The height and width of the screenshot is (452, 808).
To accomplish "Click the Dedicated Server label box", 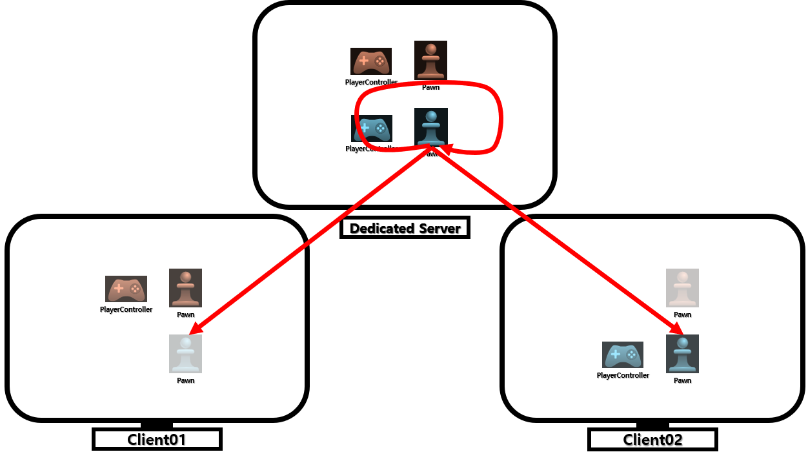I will pyautogui.click(x=405, y=228).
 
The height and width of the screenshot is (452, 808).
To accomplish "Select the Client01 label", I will pyautogui.click(x=157, y=440).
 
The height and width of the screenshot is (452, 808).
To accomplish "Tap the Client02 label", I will pyautogui.click(x=652, y=440).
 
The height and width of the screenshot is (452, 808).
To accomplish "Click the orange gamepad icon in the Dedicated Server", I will pyautogui.click(x=371, y=61).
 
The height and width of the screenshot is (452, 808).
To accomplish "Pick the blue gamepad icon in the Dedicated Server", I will pyautogui.click(x=371, y=128).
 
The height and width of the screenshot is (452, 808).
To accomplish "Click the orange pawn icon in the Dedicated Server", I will pyautogui.click(x=430, y=60).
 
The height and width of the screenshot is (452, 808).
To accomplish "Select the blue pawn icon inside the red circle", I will pyautogui.click(x=430, y=127).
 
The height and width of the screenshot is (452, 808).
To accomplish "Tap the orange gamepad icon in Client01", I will pyautogui.click(x=126, y=289).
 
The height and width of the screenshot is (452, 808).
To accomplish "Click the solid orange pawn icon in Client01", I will pyautogui.click(x=185, y=288).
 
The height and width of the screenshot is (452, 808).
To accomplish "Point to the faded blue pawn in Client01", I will pyautogui.click(x=185, y=354).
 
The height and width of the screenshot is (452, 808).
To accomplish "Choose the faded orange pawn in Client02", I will pyautogui.click(x=682, y=288).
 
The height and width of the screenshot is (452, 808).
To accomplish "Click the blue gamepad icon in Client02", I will pyautogui.click(x=623, y=354).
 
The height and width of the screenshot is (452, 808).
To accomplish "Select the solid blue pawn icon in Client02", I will pyautogui.click(x=682, y=354).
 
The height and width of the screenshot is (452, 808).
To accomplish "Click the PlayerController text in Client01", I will pyautogui.click(x=126, y=310).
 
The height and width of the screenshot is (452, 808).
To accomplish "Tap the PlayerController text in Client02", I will pyautogui.click(x=623, y=376).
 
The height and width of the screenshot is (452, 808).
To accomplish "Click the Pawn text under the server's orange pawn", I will pyautogui.click(x=430, y=87).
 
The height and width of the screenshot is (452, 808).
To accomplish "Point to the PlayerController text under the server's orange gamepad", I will pyautogui.click(x=371, y=83).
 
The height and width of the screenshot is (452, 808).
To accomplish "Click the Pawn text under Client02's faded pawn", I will pyautogui.click(x=682, y=315).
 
